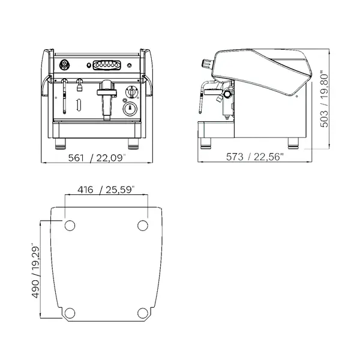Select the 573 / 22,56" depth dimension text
click(254, 158)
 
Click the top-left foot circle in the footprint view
click(70, 225)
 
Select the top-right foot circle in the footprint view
click(143, 225)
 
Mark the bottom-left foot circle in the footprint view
click(70, 312)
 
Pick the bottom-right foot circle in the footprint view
click(143, 312)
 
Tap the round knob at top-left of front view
click(64, 64)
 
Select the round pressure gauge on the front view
click(129, 109)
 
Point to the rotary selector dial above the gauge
click(129, 94)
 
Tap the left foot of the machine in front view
click(62, 144)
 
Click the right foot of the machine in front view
click(131, 144)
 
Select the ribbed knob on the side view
click(206, 61)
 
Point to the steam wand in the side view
click(202, 96)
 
